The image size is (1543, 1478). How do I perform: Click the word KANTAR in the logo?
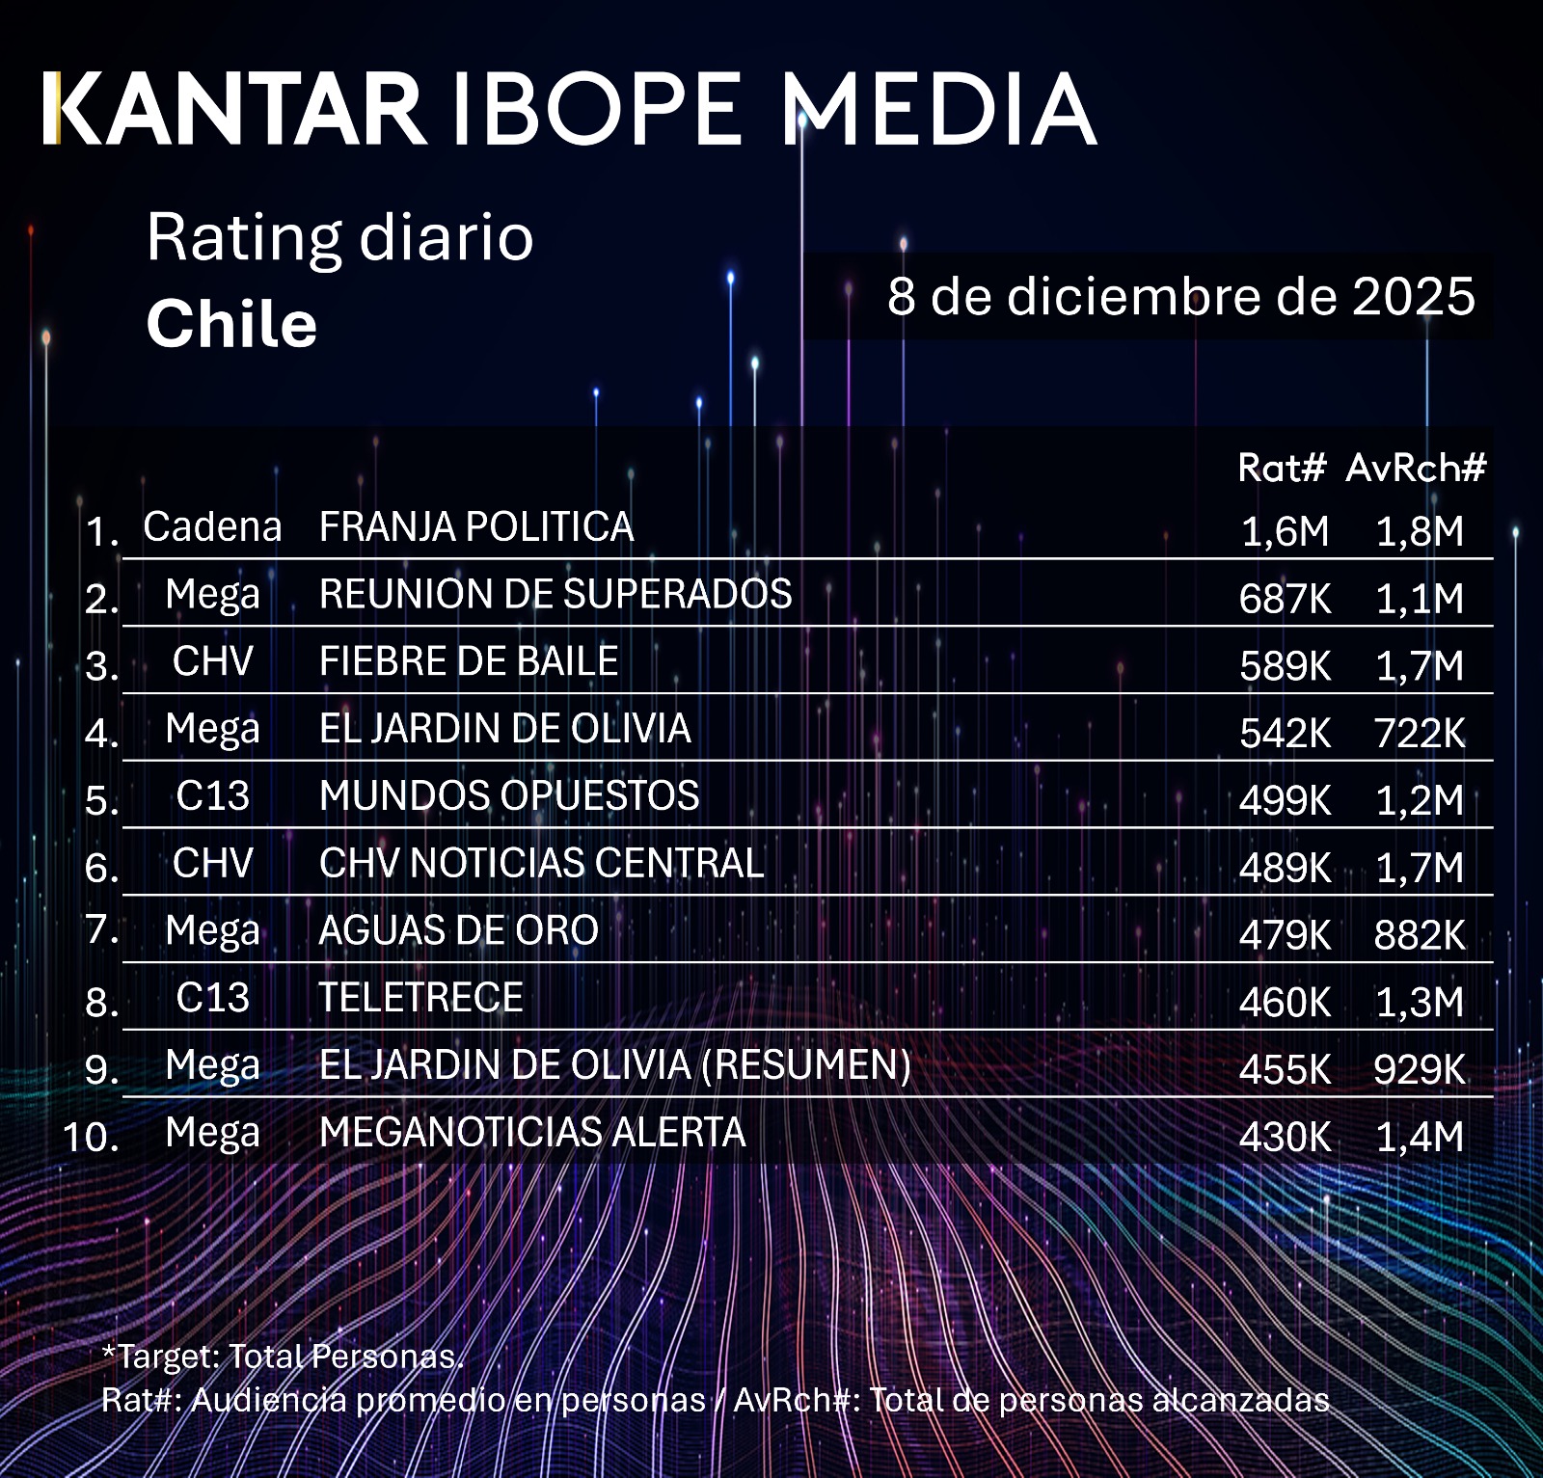[234, 109]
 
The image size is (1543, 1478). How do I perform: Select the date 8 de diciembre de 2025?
[1180, 296]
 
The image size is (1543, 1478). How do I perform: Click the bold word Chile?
[231, 323]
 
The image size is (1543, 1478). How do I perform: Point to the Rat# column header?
[1283, 468]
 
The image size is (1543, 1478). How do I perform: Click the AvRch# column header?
[1416, 468]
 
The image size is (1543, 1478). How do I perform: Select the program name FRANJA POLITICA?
[476, 527]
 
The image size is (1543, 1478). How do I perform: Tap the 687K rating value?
[1285, 599]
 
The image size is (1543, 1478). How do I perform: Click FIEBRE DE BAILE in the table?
[469, 661]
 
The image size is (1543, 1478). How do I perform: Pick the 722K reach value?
[1420, 734]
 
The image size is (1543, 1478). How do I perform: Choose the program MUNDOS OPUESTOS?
[509, 796]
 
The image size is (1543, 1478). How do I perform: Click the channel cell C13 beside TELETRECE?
[212, 998]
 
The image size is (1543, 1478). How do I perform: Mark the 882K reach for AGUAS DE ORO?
[1420, 935]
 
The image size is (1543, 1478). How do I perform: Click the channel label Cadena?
[212, 527]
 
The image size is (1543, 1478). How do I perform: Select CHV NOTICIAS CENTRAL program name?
[541, 864]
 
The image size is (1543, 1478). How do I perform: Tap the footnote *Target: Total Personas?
[283, 1357]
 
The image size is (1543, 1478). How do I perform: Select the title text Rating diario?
[339, 237]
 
